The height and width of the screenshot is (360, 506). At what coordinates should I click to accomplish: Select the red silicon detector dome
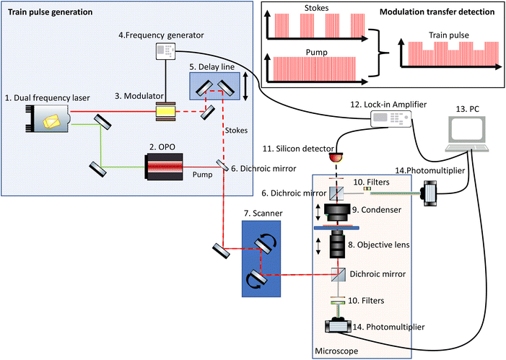[x=334, y=157]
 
